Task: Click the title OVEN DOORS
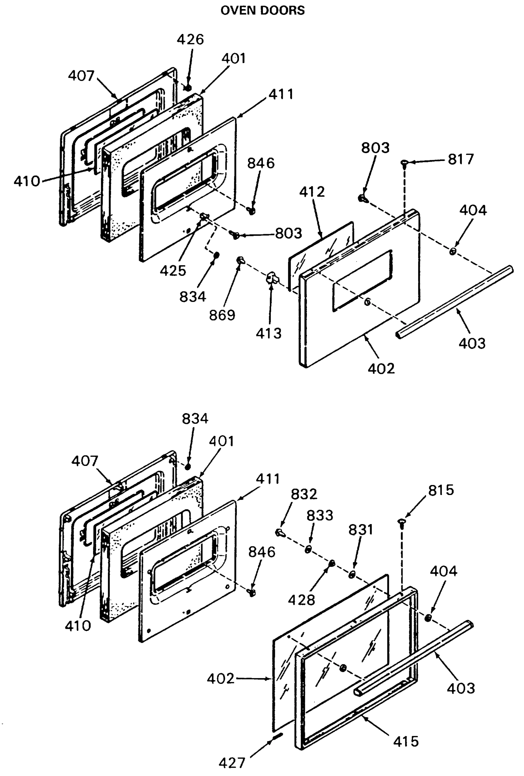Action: [x=262, y=10]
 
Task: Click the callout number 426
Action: [x=190, y=39]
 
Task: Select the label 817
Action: [x=461, y=159]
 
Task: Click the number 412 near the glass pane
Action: [x=311, y=192]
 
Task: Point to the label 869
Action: [x=222, y=315]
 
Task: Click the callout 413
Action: [x=269, y=333]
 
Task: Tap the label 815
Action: [x=441, y=490]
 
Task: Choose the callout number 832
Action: [x=304, y=494]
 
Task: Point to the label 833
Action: [x=320, y=515]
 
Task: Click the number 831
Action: [x=360, y=530]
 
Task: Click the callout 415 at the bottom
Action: [x=405, y=741]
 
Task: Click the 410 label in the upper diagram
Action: [x=27, y=181]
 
